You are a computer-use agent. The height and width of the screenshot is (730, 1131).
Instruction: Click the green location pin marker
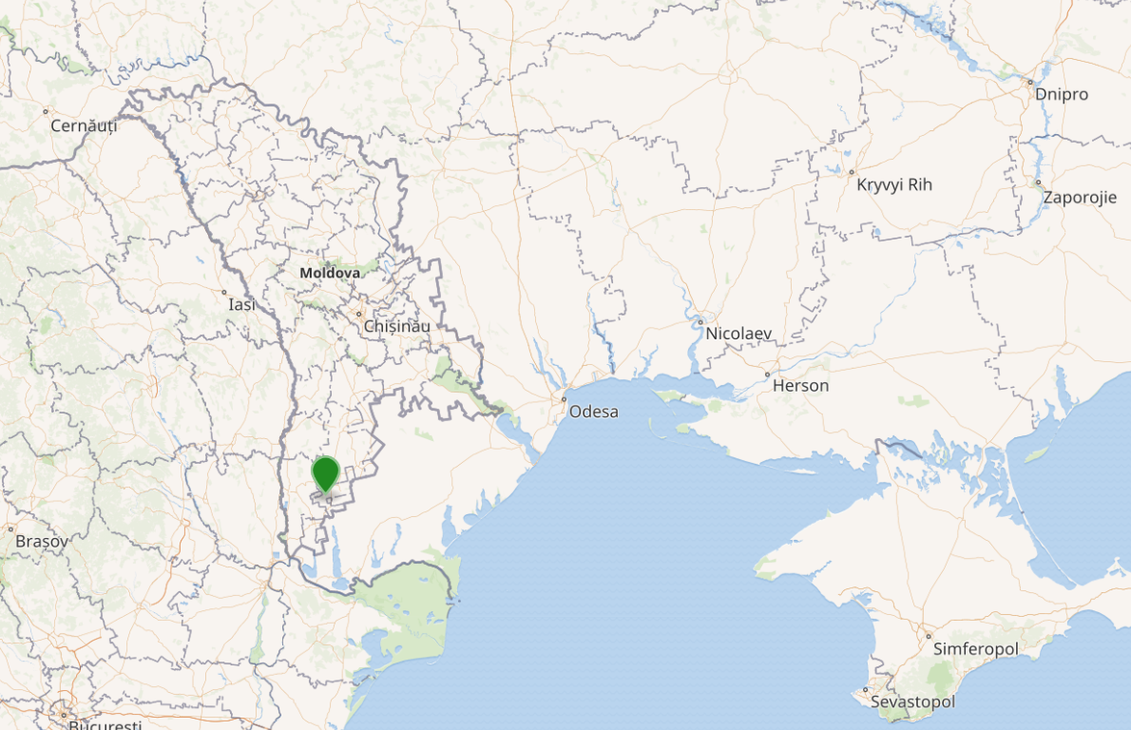point(326,472)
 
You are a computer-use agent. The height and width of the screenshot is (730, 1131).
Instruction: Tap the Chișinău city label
point(396,326)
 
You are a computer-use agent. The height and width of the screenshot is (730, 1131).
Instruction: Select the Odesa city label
point(593,412)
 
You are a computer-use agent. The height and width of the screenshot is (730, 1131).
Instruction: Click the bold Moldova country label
point(330,273)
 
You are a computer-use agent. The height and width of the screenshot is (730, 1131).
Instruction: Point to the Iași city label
point(242,305)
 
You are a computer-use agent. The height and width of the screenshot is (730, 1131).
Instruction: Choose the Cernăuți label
point(84,125)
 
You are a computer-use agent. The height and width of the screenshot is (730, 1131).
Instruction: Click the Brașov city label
point(42,541)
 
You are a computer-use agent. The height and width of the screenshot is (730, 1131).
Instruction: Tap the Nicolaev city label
point(738,334)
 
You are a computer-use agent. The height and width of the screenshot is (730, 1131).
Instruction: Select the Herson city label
point(800,385)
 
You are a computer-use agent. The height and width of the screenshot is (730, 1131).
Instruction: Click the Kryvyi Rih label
point(894,184)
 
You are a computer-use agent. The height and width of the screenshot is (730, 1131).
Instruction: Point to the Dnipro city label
point(1062,94)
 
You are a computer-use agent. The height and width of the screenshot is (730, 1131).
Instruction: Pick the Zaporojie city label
point(1080,198)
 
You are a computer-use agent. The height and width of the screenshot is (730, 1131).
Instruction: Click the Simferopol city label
point(976,648)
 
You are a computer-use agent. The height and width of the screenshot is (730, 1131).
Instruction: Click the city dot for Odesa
point(564,398)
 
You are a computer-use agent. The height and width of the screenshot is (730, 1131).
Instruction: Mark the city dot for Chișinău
point(359,313)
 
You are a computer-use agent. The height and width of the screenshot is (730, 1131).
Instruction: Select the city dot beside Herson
point(767,375)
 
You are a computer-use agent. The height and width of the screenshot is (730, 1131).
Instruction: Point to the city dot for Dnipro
point(1029,83)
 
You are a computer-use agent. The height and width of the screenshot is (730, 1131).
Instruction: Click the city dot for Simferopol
point(929,636)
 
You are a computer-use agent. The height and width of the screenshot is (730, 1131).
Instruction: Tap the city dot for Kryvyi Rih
point(852,172)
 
